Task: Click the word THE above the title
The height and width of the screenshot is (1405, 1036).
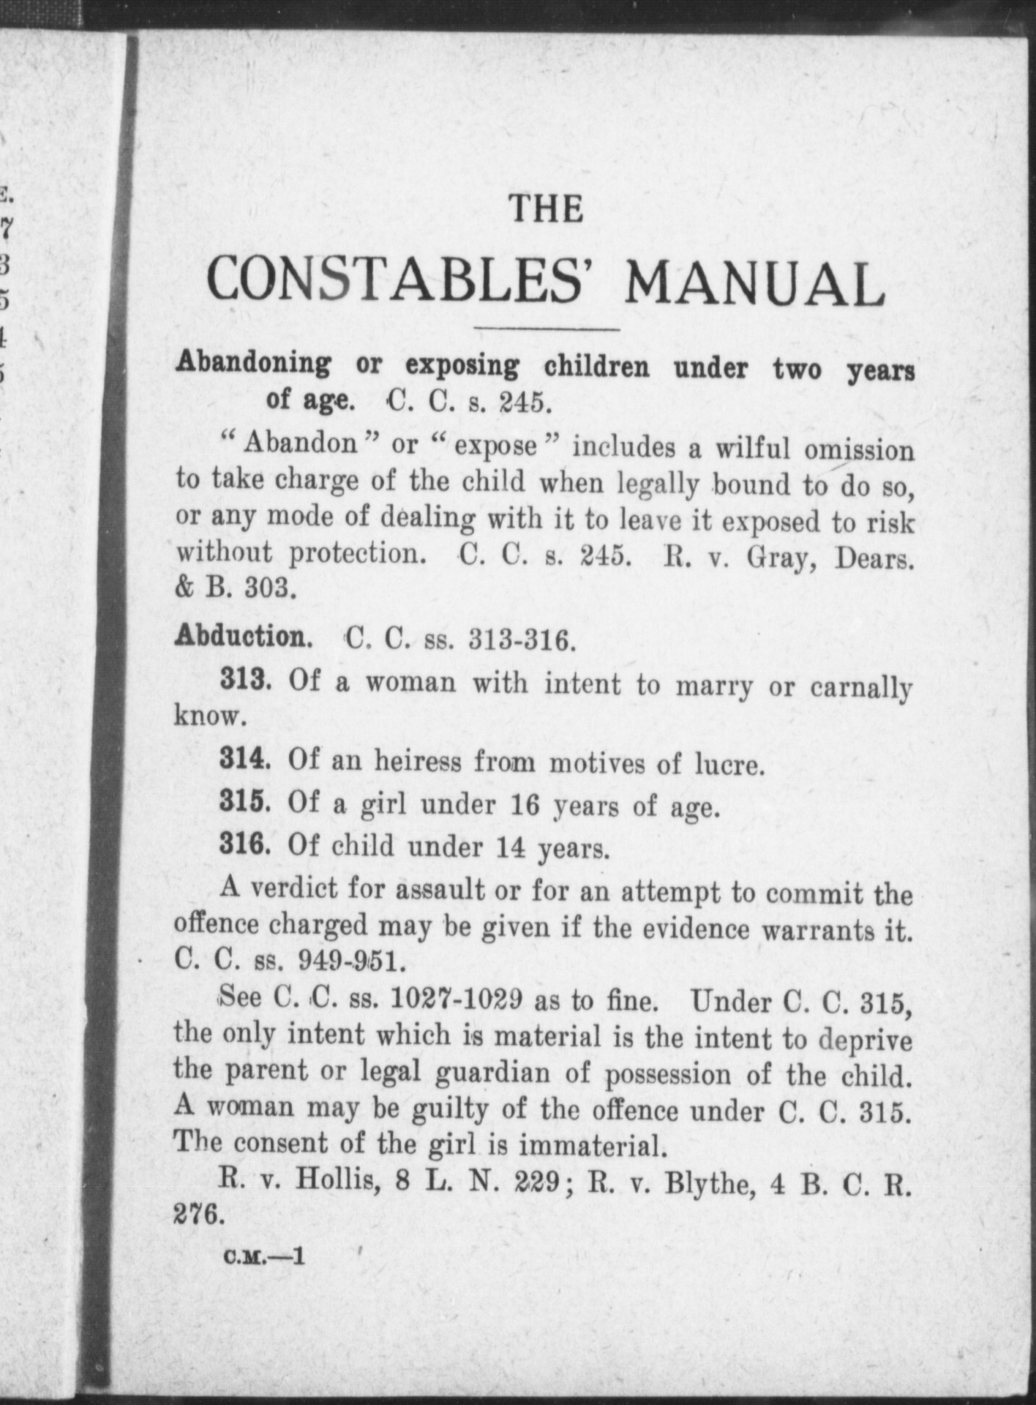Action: (x=547, y=210)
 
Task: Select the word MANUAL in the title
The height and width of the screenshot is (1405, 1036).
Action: (x=754, y=285)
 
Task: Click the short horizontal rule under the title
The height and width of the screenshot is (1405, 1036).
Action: (x=547, y=329)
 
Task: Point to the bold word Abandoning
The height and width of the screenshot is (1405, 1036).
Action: (x=253, y=363)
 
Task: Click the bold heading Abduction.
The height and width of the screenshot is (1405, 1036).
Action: (x=244, y=637)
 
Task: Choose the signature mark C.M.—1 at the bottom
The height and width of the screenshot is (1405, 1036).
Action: (x=264, y=1257)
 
